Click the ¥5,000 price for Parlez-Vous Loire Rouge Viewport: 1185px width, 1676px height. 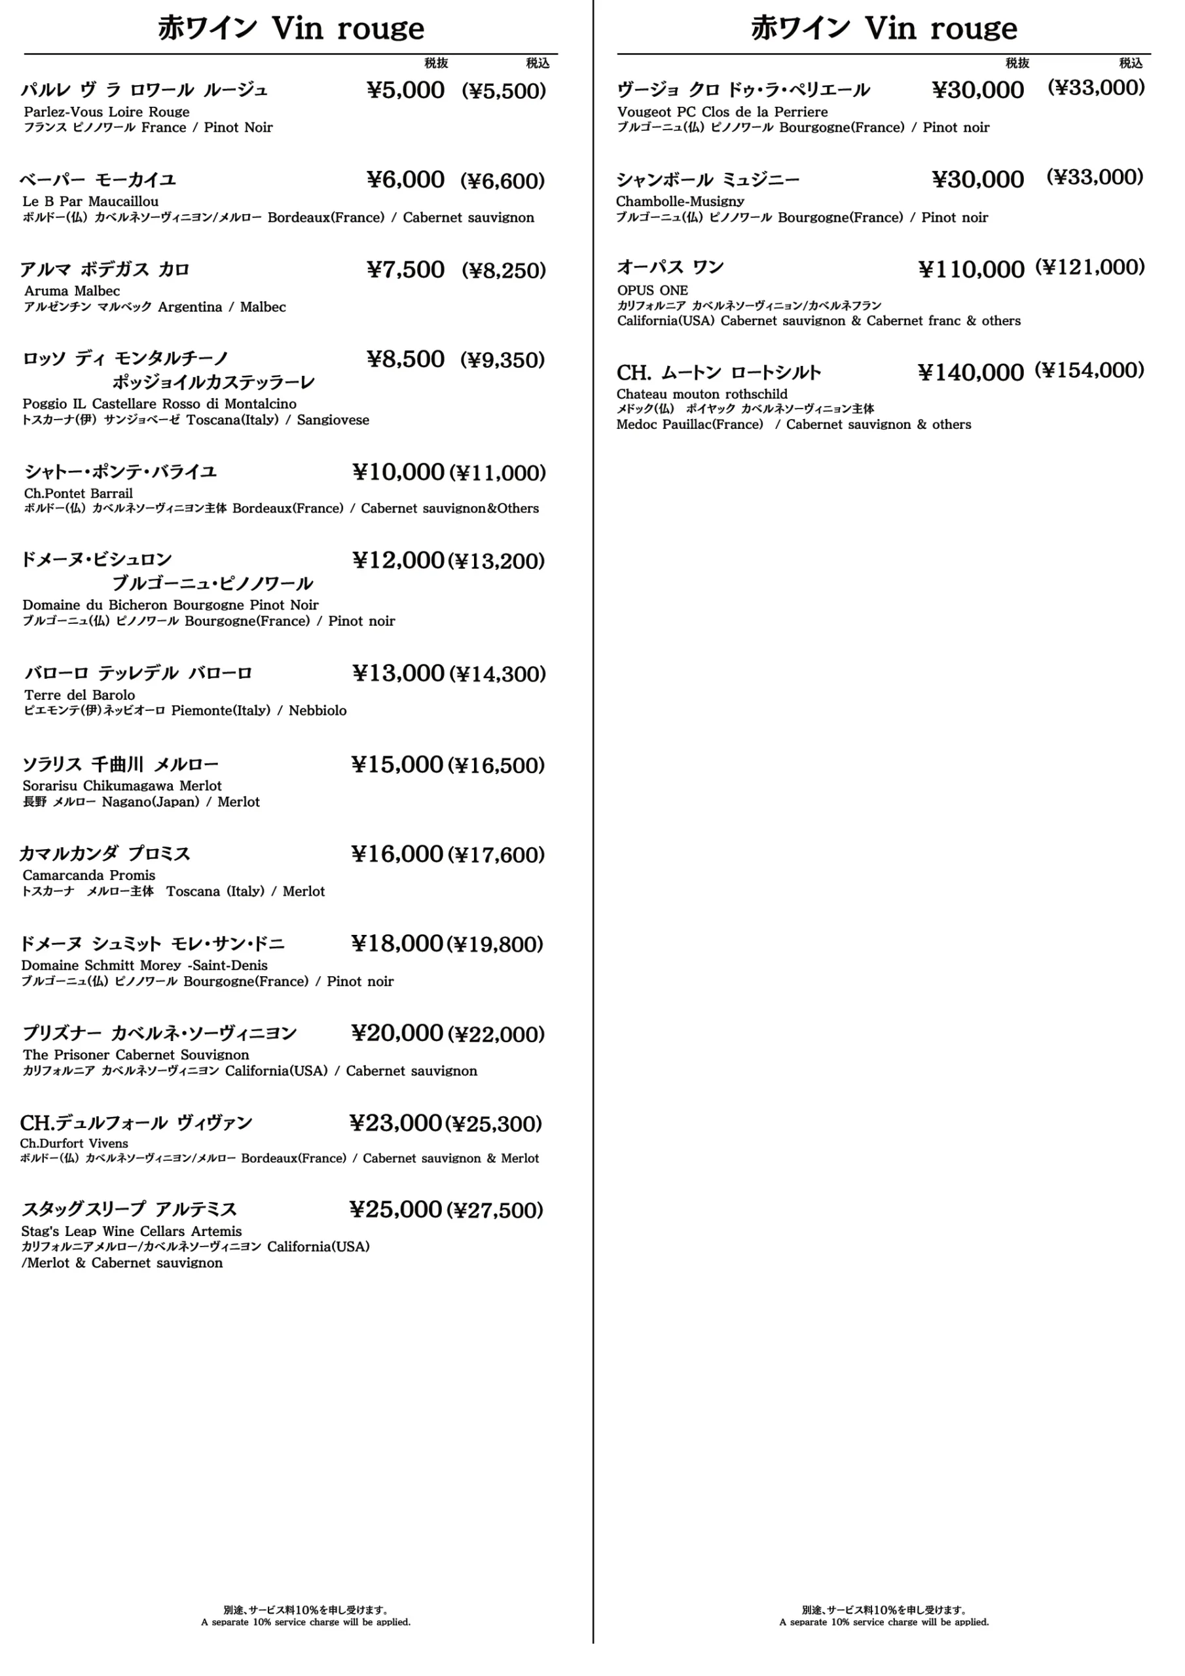tap(405, 90)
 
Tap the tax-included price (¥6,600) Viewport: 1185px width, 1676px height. tap(502, 181)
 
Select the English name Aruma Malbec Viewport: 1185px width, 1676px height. tap(71, 291)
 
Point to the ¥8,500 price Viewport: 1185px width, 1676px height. tap(405, 359)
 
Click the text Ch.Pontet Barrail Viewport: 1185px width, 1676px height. tap(78, 494)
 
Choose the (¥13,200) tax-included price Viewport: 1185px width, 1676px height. tap(496, 561)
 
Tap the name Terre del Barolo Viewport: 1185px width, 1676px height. tap(80, 695)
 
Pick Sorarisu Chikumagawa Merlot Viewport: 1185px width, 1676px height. tap(122, 786)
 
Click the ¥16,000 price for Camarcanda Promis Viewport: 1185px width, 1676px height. tap(397, 854)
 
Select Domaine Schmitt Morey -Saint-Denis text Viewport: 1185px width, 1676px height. tap(145, 965)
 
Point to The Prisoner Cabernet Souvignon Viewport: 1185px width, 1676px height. tap(136, 1055)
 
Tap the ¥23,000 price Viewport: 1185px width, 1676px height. tap(395, 1123)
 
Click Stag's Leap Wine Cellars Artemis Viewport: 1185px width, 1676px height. tap(132, 1231)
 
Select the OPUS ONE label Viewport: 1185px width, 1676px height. tap(652, 291)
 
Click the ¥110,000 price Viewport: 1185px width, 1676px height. tap(971, 269)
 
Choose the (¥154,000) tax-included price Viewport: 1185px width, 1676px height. tap(1089, 371)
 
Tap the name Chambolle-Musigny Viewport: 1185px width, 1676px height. tap(680, 202)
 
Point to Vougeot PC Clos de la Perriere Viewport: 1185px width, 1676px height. tap(722, 112)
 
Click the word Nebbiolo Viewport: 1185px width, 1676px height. tap(318, 711)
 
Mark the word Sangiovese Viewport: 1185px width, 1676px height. tap(333, 420)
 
